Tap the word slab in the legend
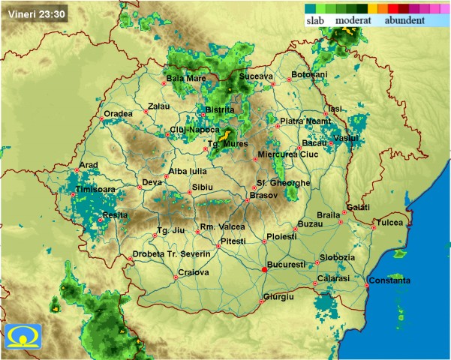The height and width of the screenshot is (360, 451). (x=317, y=20)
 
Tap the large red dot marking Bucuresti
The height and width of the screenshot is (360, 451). (x=264, y=269)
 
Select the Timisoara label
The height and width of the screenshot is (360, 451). (x=96, y=190)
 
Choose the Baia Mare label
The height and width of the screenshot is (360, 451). (x=185, y=78)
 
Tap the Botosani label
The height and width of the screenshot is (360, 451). (x=309, y=74)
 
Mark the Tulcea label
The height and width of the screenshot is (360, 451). (x=389, y=222)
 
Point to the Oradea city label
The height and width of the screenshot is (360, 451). (x=118, y=113)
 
